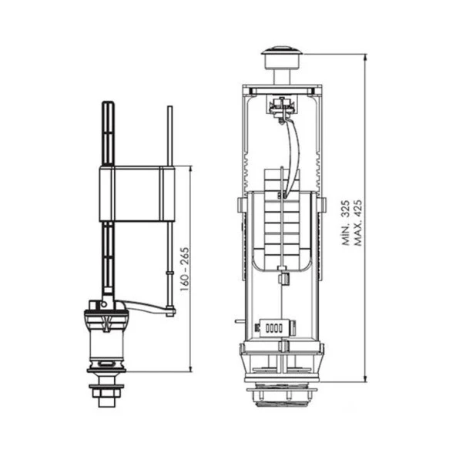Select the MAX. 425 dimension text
click(359, 218)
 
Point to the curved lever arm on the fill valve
click(146, 307)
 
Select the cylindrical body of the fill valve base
click(106, 339)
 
